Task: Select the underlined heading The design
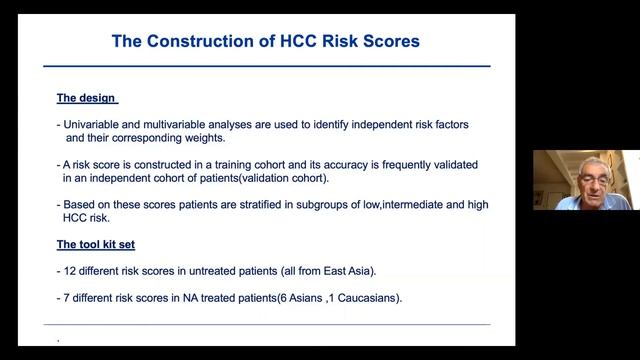pos(86,98)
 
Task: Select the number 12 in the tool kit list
pos(71,270)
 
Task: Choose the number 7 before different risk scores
pos(67,298)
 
